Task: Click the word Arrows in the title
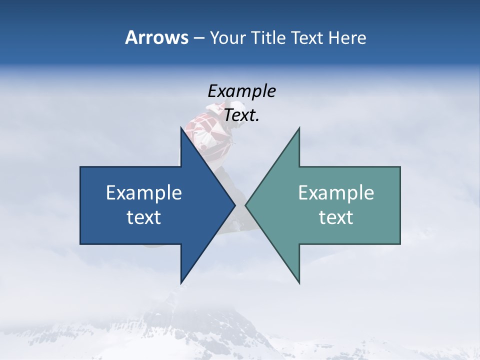156,37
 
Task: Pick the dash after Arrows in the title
198,38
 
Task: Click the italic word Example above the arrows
241,91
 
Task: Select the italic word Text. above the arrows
241,115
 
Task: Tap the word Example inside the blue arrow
144,192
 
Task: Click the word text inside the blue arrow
144,217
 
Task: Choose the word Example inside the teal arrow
336,192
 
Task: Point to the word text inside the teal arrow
336,217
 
